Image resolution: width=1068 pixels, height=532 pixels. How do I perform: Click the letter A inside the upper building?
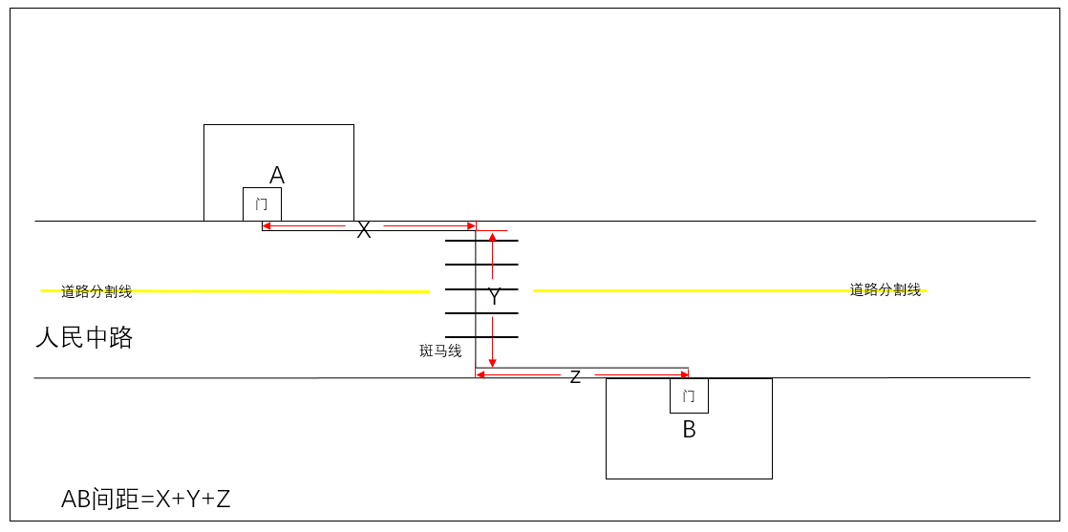click(276, 176)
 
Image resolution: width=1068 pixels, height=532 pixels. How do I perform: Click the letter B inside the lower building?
click(690, 431)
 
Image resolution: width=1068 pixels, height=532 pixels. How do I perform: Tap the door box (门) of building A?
click(263, 204)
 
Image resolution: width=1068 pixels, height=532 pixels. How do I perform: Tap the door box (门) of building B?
click(690, 395)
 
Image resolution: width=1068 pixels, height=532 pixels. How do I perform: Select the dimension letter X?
click(364, 231)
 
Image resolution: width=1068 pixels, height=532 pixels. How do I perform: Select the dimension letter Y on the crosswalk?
click(495, 297)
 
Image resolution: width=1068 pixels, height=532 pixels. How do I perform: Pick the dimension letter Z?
click(575, 377)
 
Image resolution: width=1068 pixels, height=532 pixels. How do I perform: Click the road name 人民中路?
click(84, 338)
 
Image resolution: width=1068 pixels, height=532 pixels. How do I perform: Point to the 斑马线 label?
click(440, 351)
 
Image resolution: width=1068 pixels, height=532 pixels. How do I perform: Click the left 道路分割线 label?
click(96, 292)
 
